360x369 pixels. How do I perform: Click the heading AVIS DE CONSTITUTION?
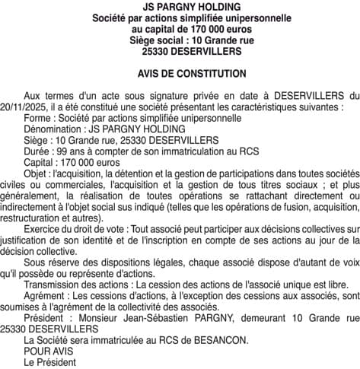(x=180, y=74)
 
